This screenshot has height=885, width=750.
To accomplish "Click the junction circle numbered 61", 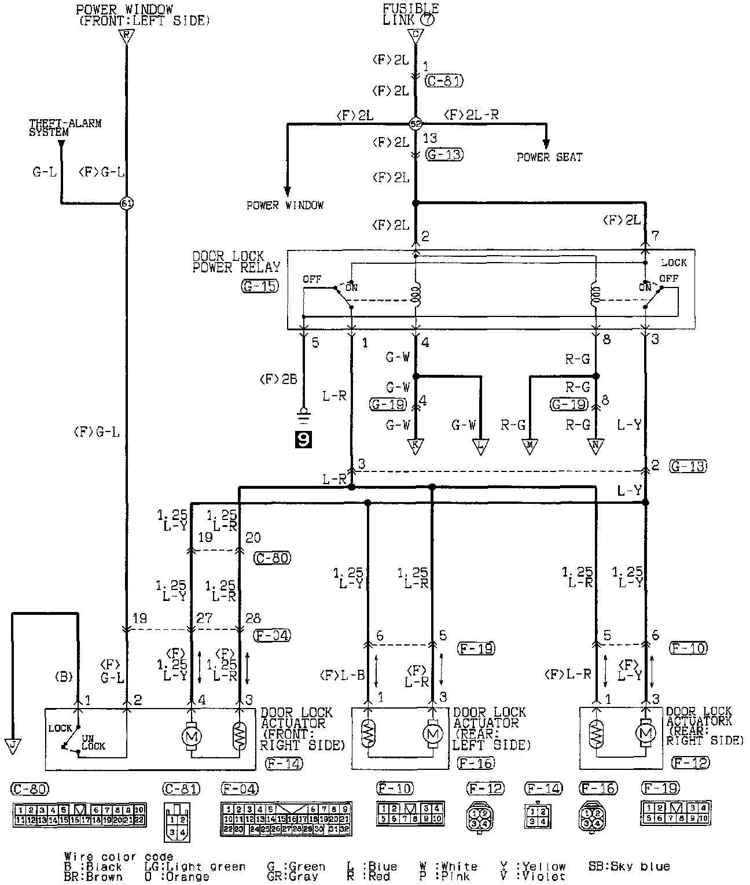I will click(126, 204).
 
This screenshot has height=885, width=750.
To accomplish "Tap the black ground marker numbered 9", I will click(303, 440).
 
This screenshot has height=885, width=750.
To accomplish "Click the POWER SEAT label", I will click(549, 157).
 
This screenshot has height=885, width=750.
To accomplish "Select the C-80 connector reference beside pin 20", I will click(272, 558).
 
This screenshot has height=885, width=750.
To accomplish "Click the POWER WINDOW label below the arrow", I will click(285, 205).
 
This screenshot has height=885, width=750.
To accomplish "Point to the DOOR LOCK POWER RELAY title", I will click(236, 261).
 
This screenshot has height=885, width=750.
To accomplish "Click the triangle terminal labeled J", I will click(12, 746).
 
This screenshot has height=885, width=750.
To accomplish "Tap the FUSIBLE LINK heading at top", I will click(410, 14).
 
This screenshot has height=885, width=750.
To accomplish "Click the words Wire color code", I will click(118, 857).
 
